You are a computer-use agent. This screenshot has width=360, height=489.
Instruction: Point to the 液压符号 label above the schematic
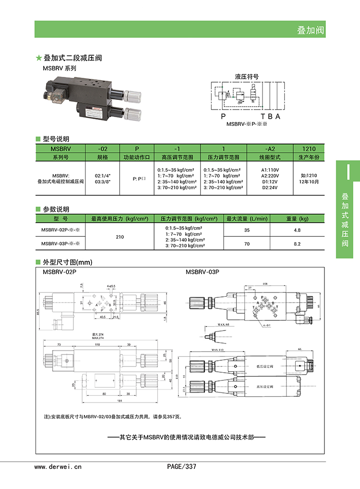click(x=247, y=76)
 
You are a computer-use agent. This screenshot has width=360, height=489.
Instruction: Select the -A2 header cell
click(x=269, y=149)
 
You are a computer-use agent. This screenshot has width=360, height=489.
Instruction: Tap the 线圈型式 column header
click(x=269, y=157)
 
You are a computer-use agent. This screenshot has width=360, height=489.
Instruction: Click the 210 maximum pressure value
click(x=120, y=237)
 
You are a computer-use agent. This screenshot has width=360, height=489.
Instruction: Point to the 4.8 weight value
click(x=297, y=230)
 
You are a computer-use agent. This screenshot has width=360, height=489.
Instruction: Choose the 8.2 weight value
click(x=297, y=244)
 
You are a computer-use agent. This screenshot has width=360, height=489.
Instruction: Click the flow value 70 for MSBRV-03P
click(x=247, y=244)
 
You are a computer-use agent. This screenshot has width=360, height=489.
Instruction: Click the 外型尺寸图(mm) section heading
click(x=67, y=262)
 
